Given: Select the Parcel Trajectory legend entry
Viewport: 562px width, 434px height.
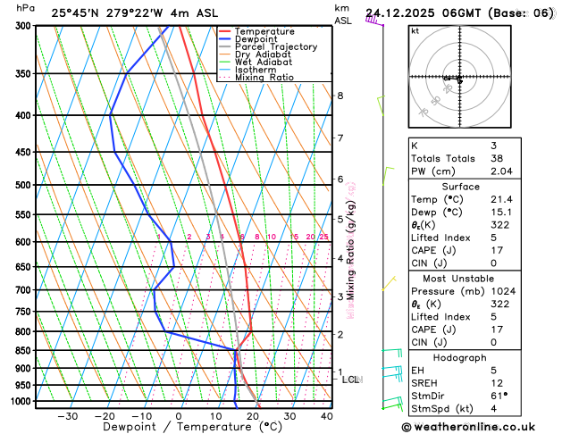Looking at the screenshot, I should [275, 46].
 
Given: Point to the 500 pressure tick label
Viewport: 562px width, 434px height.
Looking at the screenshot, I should [22, 185].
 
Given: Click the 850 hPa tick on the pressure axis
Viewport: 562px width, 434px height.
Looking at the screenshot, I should [22, 350].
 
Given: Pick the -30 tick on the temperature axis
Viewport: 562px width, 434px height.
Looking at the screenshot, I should [67, 415].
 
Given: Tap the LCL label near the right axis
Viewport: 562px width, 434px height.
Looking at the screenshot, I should [351, 380].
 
